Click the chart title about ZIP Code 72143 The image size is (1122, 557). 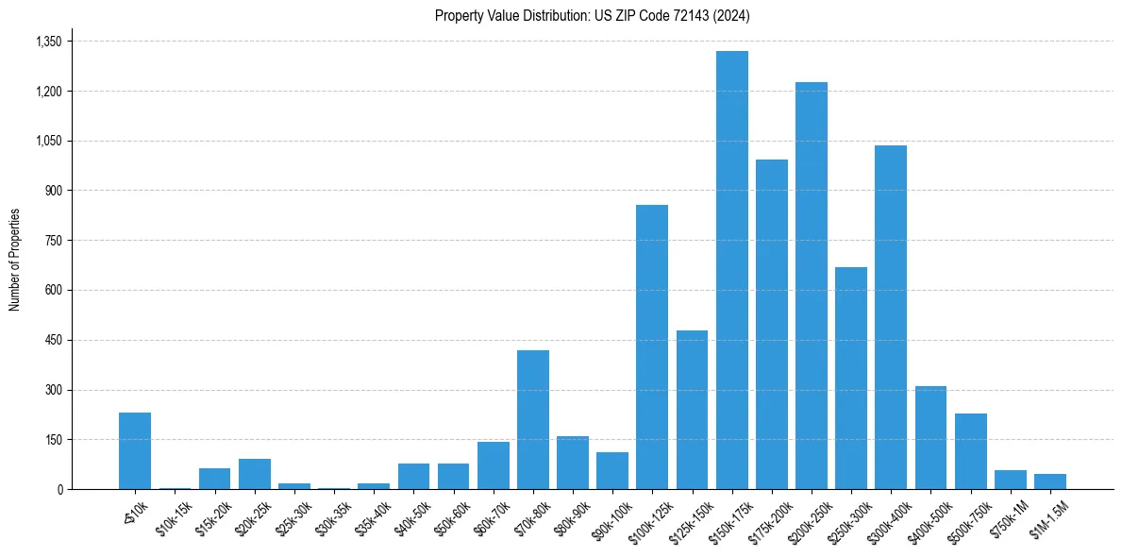point(592,15)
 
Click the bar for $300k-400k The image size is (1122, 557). point(891,317)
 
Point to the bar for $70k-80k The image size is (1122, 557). point(533,419)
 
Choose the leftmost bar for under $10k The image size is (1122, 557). point(135,450)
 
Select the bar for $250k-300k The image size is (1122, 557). point(851,378)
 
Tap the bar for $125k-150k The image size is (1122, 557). point(692,410)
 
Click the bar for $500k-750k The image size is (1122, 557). point(970,451)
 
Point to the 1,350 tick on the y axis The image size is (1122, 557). point(48,42)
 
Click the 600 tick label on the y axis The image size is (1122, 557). point(53,290)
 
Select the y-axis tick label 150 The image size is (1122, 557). point(53,440)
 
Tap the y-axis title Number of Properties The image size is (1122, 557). point(15,260)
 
